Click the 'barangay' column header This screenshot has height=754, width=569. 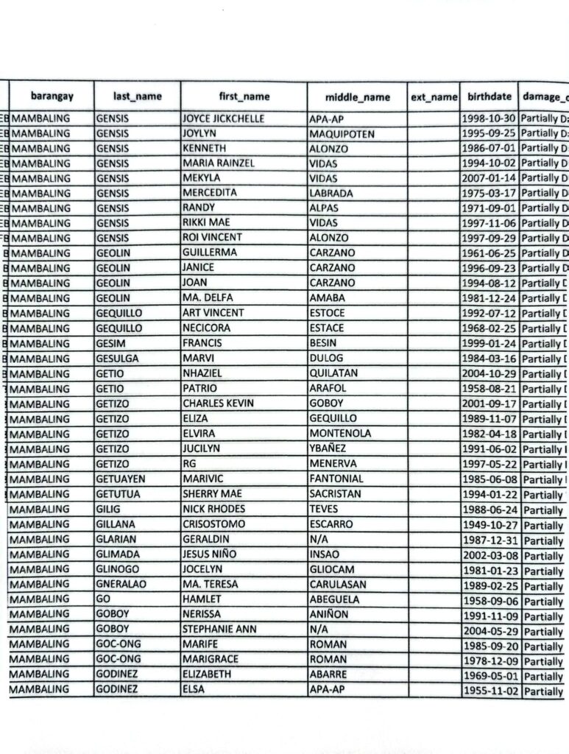point(52,96)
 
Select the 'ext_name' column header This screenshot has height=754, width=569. point(434,96)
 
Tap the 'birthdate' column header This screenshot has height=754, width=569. point(490,96)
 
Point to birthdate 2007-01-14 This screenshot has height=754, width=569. point(490,178)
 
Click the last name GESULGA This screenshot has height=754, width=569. point(117,359)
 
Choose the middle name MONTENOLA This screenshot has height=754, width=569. point(340,434)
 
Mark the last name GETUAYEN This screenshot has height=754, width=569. point(121,479)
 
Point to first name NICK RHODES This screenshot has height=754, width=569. point(213,509)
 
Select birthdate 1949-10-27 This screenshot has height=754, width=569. point(490,525)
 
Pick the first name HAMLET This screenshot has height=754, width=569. point(201,599)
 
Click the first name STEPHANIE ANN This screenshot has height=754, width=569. point(219,630)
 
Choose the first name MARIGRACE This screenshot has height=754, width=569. point(211,659)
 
